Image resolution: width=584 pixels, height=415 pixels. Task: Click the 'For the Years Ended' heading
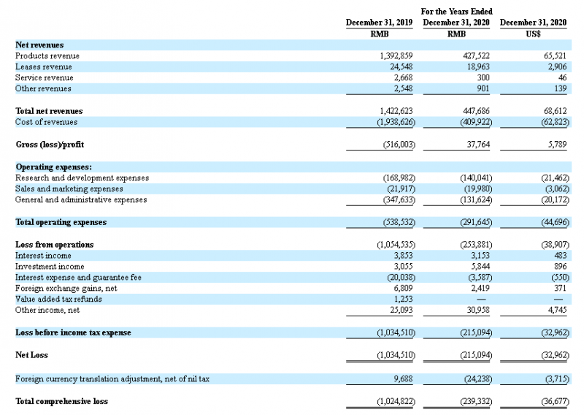click(457, 12)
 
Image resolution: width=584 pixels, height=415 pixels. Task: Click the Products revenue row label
click(47, 56)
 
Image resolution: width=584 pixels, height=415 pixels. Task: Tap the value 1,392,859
click(397, 56)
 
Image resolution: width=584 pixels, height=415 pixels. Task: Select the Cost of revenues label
click(47, 122)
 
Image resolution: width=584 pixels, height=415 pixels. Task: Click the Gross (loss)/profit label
click(51, 145)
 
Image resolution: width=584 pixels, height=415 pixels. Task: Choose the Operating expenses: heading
click(53, 167)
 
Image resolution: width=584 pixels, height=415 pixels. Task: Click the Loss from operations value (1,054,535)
click(396, 245)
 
